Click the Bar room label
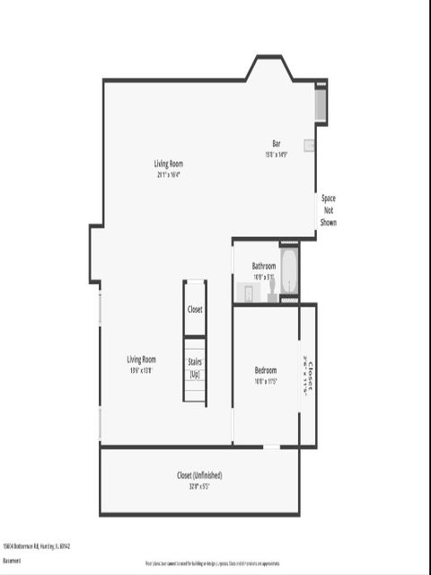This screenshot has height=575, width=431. [x=277, y=144]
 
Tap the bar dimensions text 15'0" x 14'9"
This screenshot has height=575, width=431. [x=277, y=154]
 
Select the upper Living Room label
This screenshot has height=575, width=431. [x=168, y=164]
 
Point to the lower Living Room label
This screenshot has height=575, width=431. [x=142, y=359]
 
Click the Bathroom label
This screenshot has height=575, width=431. [x=263, y=266]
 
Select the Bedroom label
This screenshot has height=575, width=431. [x=265, y=370]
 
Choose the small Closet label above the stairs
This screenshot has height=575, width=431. [x=195, y=309]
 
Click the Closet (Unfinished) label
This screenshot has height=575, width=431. [x=199, y=475]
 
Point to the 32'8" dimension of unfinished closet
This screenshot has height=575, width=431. [x=199, y=486]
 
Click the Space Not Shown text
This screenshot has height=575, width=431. [x=329, y=209]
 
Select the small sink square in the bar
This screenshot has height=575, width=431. [x=309, y=145]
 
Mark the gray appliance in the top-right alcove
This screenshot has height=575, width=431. [x=320, y=105]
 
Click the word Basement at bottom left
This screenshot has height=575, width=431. [x=12, y=560]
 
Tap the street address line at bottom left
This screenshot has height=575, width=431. [x=37, y=545]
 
